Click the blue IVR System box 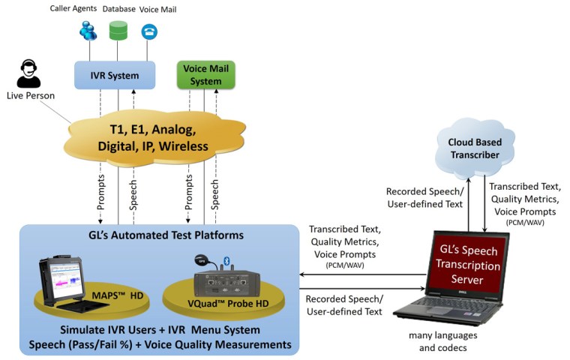pyautogui.click(x=115, y=76)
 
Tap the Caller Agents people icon pyautogui.click(x=88, y=31)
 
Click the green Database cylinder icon pyautogui.click(x=118, y=31)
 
